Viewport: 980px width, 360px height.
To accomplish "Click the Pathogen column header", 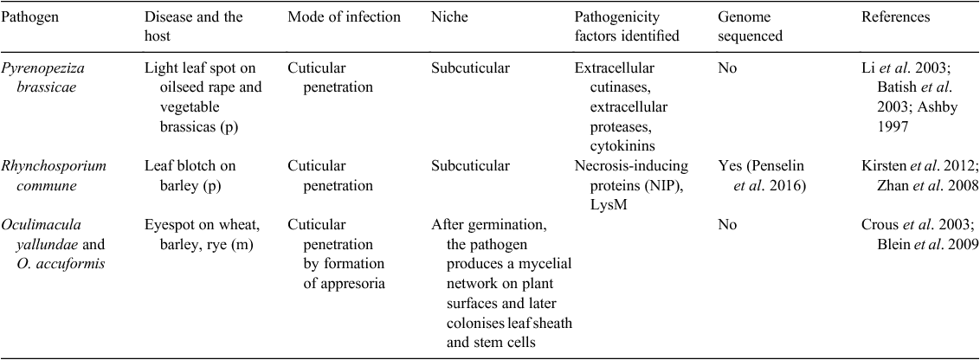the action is click(29, 17).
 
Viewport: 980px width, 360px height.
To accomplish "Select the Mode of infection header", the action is click(344, 17).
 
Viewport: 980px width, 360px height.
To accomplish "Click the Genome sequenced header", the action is click(750, 27).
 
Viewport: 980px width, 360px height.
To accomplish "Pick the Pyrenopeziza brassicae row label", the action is click(42, 78).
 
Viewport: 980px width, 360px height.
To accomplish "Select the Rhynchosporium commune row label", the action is click(54, 177).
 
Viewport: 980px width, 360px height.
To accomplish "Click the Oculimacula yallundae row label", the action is click(53, 244).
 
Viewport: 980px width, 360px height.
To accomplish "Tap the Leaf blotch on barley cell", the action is click(190, 177).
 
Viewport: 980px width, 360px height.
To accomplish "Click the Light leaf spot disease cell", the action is click(203, 97).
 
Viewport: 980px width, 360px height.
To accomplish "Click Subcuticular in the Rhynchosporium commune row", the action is click(470, 166).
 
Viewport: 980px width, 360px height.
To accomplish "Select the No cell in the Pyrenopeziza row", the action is click(727, 68).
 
